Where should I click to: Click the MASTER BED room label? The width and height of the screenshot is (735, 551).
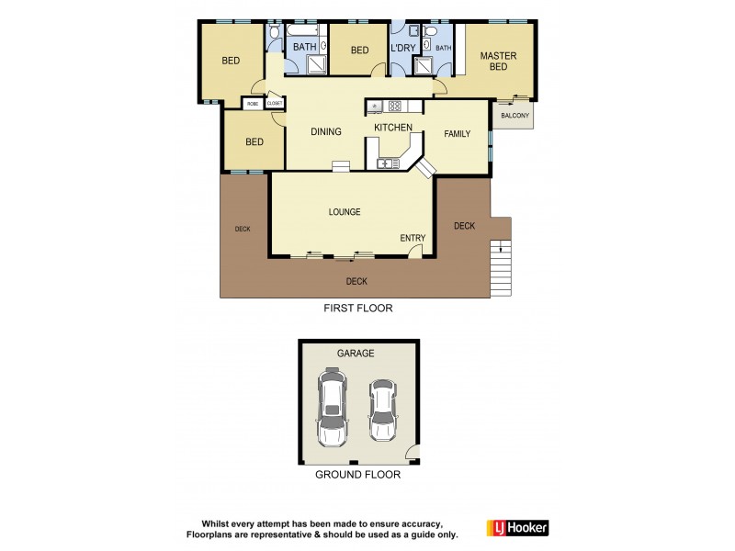[x=498, y=62]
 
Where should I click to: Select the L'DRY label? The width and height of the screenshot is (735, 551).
[x=402, y=49]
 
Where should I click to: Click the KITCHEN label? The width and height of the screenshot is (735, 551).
[x=392, y=127]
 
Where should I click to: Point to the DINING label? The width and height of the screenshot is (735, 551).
[x=325, y=131]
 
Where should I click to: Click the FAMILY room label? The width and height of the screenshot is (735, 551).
[x=457, y=133]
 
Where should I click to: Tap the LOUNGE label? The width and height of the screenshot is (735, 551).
[x=345, y=211]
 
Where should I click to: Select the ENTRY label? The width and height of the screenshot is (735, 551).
[x=413, y=238]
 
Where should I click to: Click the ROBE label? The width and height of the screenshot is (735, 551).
[x=253, y=104]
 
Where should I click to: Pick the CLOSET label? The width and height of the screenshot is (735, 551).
[x=275, y=104]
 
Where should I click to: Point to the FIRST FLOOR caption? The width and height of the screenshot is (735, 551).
[x=357, y=309]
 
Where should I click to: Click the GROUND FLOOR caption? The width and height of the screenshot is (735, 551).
[x=357, y=475]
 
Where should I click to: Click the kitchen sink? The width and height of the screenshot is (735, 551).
[x=386, y=163]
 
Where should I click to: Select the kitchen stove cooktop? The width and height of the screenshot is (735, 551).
[x=396, y=105]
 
